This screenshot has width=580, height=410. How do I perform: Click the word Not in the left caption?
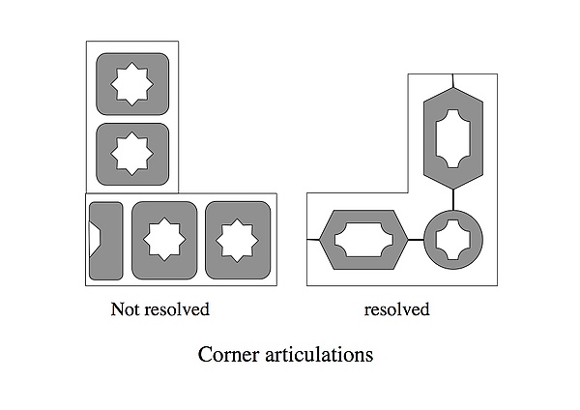(124, 309)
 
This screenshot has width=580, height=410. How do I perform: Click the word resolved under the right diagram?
(397, 309)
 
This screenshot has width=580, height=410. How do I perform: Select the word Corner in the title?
(228, 354)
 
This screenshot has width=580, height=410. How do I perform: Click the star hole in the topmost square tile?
(132, 84)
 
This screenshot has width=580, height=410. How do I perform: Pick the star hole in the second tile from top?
(132, 154)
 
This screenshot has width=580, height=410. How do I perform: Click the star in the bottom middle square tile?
(164, 240)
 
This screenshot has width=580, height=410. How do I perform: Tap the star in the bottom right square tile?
(237, 240)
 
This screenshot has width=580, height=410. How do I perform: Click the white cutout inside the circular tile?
(453, 240)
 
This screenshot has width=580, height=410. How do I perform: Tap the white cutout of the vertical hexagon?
(453, 139)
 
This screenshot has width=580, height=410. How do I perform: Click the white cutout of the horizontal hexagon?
(364, 240)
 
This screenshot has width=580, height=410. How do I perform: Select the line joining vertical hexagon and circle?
(453, 200)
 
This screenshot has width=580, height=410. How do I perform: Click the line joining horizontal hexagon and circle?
(416, 240)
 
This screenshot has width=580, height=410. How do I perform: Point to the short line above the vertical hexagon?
(453, 80)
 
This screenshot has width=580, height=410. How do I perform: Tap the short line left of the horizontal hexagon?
(313, 240)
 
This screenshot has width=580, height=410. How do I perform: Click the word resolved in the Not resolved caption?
(177, 309)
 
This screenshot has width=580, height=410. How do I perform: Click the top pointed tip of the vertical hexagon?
(453, 88)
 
